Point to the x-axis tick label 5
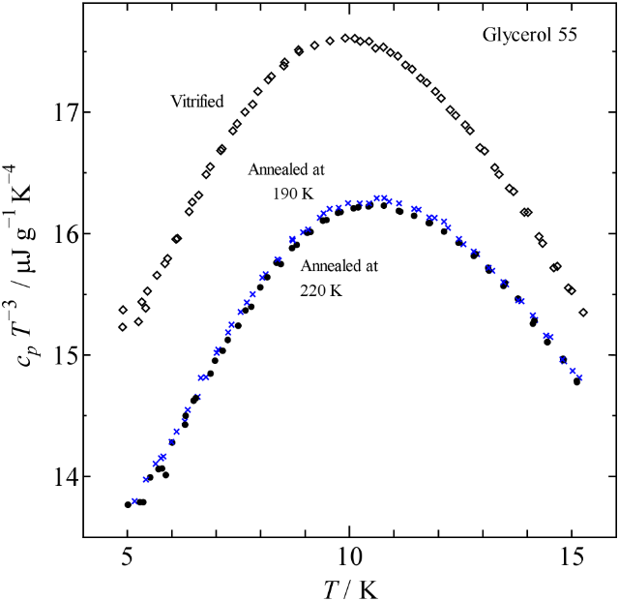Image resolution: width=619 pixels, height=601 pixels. pos(127,559)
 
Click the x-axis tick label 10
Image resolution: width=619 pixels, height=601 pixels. pos(349,559)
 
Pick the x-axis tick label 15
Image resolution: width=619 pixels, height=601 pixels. pos(572,559)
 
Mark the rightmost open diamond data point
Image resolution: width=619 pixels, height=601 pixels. pos(583,312)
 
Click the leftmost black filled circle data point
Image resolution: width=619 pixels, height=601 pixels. pos(128,504)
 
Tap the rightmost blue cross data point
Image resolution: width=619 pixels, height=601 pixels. pos(578,377)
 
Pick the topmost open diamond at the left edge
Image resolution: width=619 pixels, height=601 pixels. pos(123,310)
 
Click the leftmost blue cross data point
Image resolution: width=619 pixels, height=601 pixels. pos(135,501)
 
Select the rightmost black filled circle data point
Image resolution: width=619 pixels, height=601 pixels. pos(577,381)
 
